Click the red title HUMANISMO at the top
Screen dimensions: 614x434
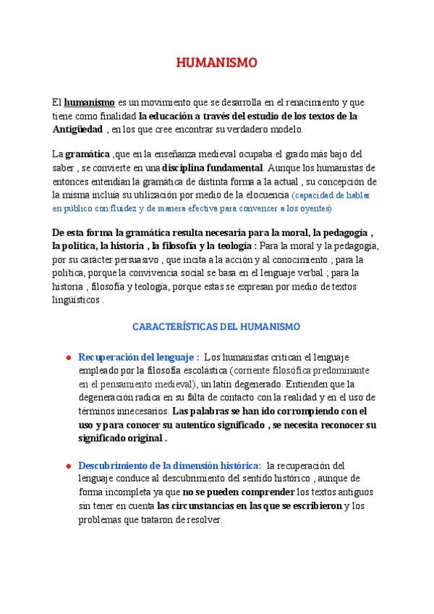[x=217, y=64]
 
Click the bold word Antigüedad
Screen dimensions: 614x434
[x=77, y=129]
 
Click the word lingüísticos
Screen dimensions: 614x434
[x=76, y=300]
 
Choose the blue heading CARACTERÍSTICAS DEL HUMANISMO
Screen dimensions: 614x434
[x=217, y=327]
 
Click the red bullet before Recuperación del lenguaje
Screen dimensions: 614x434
[x=67, y=358]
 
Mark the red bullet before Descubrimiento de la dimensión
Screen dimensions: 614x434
[x=67, y=466]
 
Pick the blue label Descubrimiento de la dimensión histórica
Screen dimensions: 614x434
[x=169, y=466]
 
